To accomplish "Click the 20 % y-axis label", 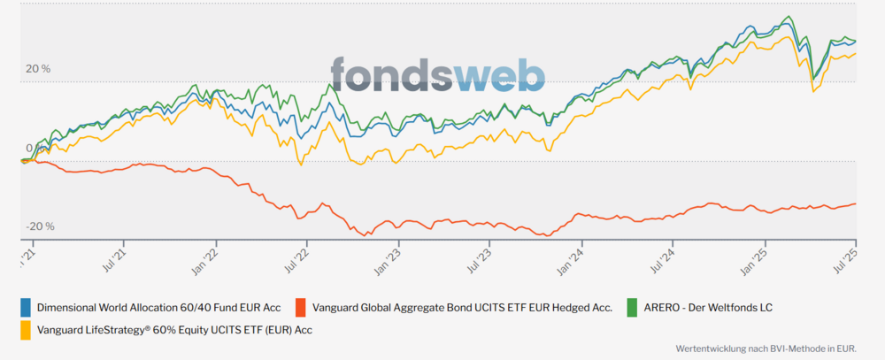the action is click(38, 69).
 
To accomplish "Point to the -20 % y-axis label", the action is click(40, 226).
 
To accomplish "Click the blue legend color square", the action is click(26, 308).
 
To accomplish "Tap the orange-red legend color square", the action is click(301, 308).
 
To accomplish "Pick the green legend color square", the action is click(632, 308).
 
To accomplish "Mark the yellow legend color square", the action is click(26, 330).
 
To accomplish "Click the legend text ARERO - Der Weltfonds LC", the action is click(708, 308).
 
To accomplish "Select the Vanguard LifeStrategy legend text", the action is click(174, 330).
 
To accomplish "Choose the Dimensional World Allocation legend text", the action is click(158, 308).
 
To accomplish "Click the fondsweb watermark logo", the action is click(438, 74).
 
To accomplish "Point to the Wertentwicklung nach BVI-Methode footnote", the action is click(766, 349).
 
